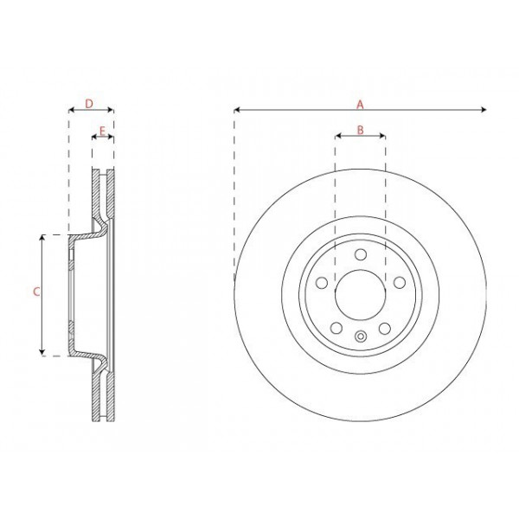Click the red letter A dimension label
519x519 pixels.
click(360, 104)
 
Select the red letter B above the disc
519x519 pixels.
click(360, 131)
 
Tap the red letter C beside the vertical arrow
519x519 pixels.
click(35, 292)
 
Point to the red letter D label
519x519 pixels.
click(90, 104)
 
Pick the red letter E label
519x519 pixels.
click(102, 131)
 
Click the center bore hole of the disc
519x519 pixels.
click(360, 294)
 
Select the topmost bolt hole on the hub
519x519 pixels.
click(360, 253)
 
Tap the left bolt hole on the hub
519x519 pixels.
click(321, 282)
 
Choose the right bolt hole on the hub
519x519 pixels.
click(399, 282)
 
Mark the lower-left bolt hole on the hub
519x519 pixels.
click(336, 328)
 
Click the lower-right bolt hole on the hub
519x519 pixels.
click(384, 328)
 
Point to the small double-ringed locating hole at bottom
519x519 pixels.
click(360, 336)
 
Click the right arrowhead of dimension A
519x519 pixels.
click(484, 110)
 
